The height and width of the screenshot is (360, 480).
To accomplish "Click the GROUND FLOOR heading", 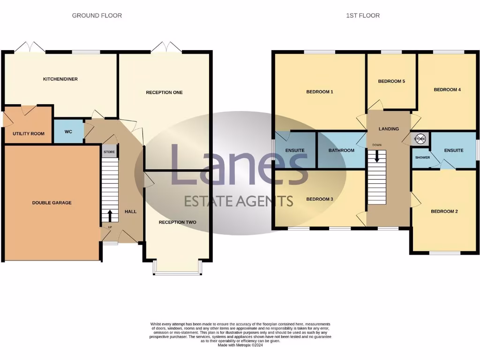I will point(97,15).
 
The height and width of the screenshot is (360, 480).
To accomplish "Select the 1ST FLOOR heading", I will point(363,15).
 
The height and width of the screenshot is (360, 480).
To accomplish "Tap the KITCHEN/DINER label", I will point(60,79).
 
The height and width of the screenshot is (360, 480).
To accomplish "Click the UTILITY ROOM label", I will point(29,134).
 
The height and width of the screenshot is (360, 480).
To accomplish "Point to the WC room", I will point(68,132).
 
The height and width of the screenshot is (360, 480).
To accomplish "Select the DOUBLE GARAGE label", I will point(52,202).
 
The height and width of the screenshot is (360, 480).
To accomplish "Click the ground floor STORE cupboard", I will point(109,152).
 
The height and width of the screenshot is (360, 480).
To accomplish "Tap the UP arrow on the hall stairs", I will point(110,216).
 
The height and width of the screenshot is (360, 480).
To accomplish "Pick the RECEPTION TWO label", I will point(177,222).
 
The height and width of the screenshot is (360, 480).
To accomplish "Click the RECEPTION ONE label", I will point(164,92).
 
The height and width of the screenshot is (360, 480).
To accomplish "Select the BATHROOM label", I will point(341,150).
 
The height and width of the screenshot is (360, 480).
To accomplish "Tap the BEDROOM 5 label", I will point(391,81).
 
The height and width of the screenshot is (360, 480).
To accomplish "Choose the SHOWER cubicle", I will point(422,157).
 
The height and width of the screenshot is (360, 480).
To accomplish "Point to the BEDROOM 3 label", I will point(320,199).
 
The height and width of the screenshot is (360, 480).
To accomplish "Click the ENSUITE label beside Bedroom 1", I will point(295,150).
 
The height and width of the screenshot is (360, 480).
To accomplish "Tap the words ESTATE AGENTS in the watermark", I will point(238,201).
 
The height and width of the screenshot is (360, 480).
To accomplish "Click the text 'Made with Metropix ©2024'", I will point(240,345).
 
